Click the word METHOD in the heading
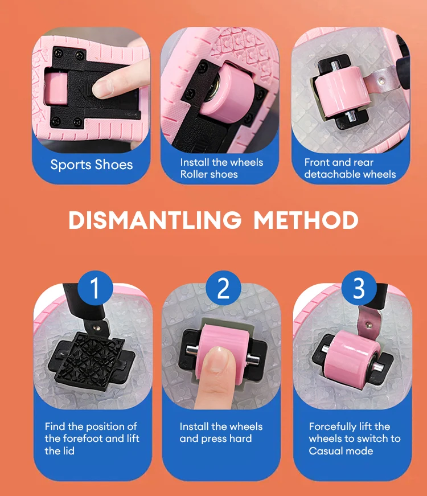tap(306, 220)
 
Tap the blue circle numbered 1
tap(95, 289)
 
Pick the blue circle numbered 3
tap(359, 289)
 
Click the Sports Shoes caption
tap(91, 165)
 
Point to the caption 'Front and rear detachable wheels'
tap(350, 169)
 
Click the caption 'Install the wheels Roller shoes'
tap(221, 169)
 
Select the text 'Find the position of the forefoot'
tap(91, 432)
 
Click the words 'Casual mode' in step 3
tap(340, 451)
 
